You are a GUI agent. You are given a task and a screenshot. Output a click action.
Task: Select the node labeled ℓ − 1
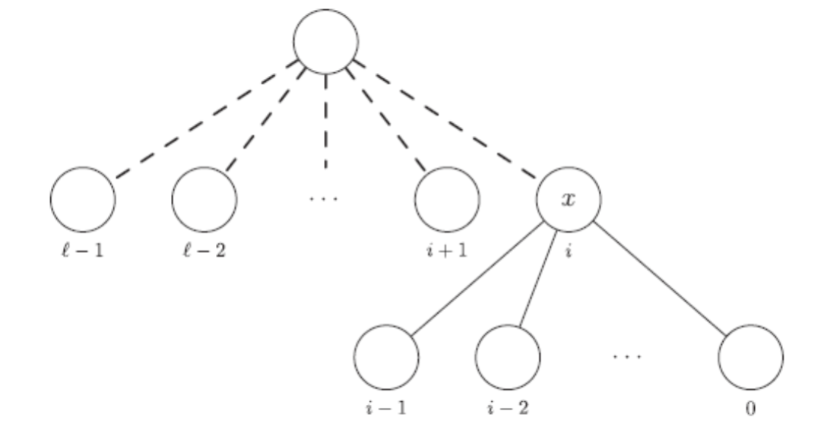pyautogui.click(x=82, y=200)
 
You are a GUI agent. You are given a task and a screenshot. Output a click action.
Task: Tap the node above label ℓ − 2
pyautogui.click(x=204, y=200)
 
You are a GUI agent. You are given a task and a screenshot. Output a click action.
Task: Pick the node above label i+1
pyautogui.click(x=447, y=200)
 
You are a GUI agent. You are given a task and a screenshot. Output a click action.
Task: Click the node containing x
pyautogui.click(x=569, y=200)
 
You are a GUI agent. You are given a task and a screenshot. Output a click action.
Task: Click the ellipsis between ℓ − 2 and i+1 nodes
pyautogui.click(x=325, y=199)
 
